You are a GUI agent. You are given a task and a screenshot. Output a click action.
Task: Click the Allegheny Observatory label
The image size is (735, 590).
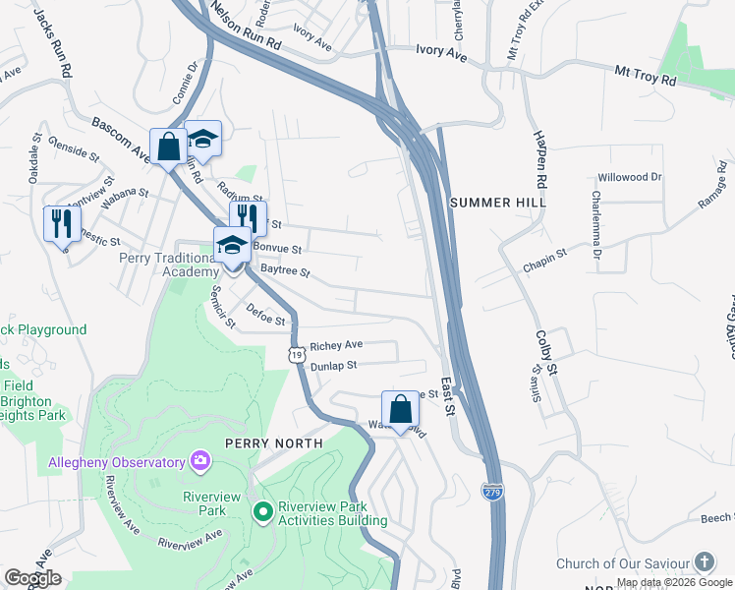117,462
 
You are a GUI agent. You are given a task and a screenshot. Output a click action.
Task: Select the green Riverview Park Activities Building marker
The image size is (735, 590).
262,512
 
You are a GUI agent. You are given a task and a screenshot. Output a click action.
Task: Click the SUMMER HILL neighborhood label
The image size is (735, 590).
497,202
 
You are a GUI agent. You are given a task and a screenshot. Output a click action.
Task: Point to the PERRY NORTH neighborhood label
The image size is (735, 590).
274,443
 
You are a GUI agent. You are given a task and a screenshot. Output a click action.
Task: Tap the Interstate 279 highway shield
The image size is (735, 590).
493,491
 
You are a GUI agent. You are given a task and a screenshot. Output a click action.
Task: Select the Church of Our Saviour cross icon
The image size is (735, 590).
705,563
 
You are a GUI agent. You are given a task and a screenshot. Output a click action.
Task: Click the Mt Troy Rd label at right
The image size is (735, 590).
647,74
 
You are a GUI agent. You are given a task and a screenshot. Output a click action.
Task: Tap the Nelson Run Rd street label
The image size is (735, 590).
246,27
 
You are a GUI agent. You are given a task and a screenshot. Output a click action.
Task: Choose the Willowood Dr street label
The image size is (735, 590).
630,177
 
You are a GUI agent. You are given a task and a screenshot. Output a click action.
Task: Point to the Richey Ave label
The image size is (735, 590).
336,346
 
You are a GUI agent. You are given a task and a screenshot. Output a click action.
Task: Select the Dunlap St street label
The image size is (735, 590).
331,365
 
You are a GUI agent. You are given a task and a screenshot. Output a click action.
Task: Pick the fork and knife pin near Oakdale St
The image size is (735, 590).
62,222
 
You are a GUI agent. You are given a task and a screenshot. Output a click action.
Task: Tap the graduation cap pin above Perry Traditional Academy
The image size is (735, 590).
232,245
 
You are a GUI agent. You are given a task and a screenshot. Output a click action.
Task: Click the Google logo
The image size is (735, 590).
32,578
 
